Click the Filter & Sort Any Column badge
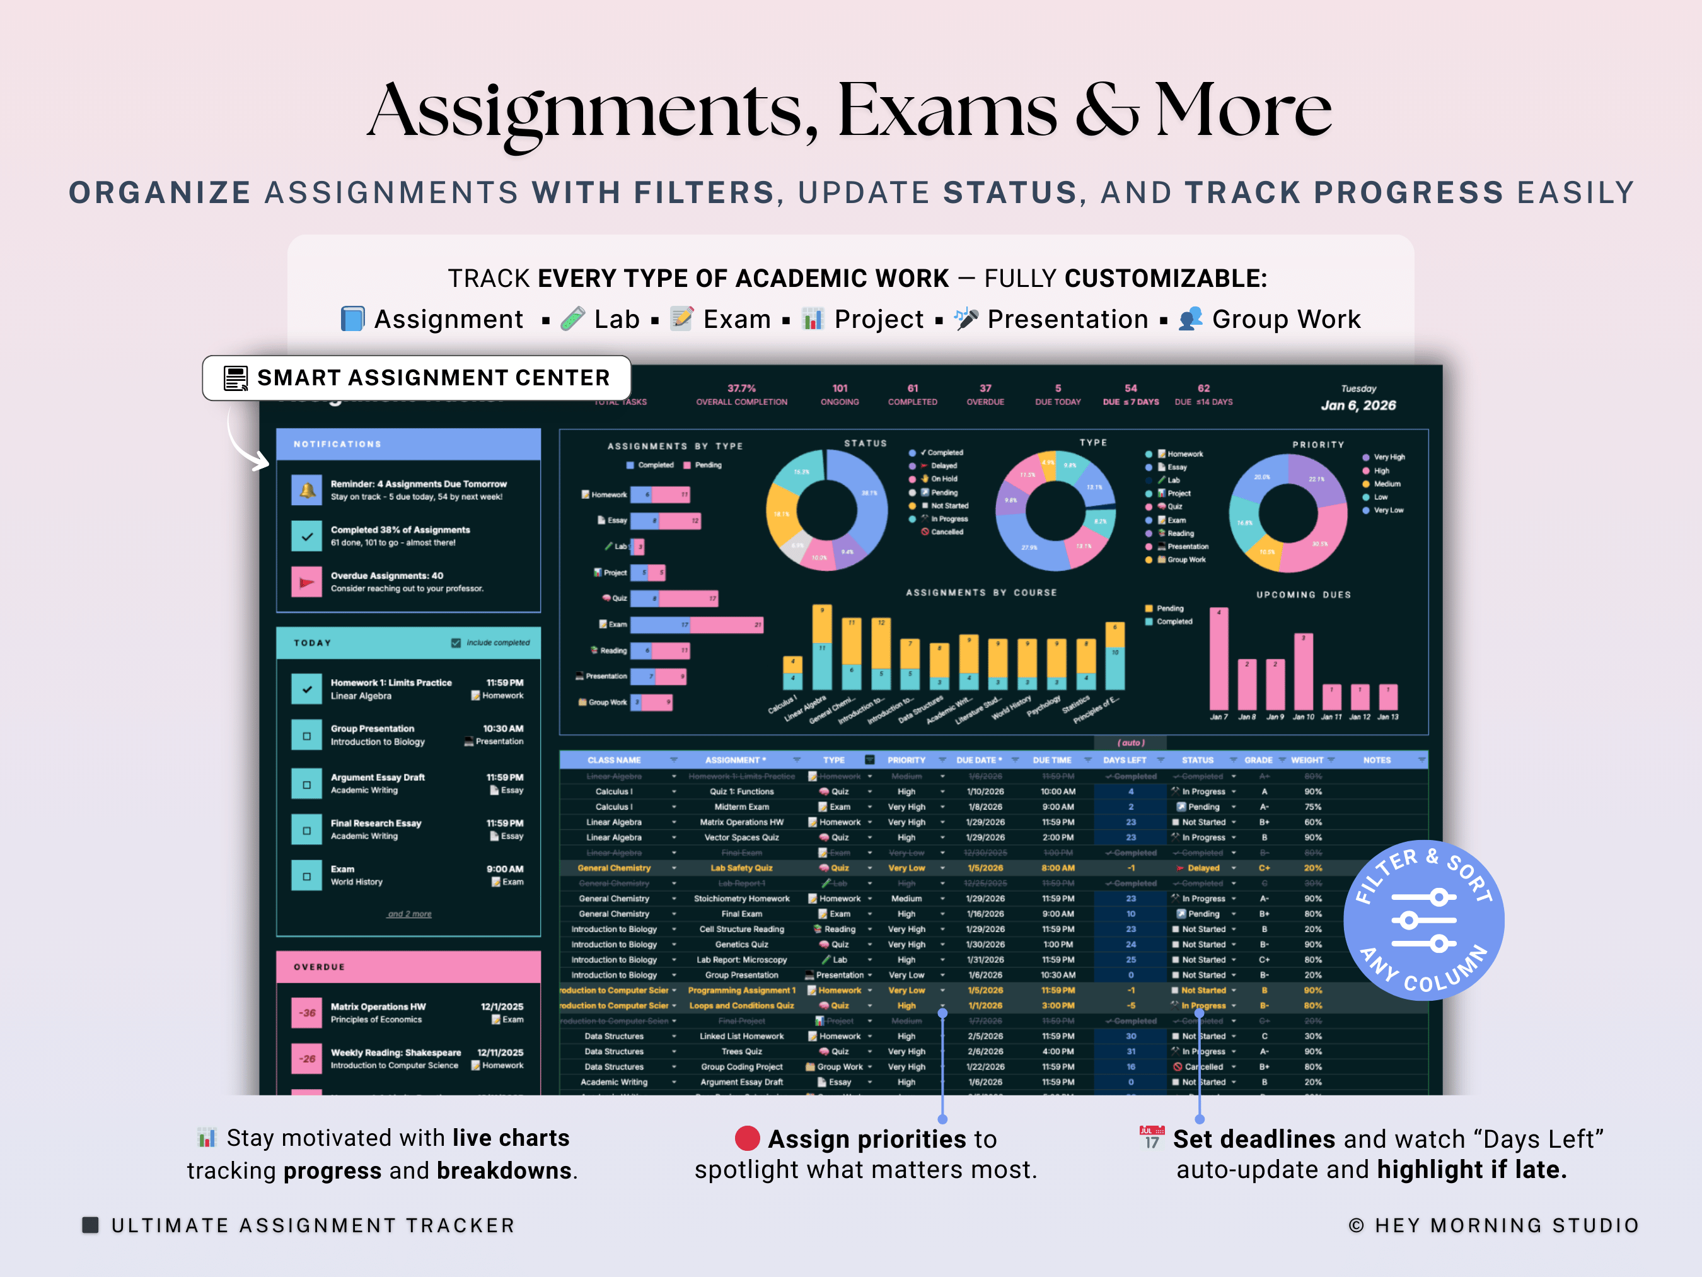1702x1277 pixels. [1423, 920]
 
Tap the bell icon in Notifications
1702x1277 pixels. [307, 491]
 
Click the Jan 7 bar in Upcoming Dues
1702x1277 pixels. [1219, 659]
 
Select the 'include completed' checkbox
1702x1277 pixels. [456, 643]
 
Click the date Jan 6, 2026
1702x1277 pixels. [1358, 405]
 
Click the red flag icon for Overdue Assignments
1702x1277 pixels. [307, 582]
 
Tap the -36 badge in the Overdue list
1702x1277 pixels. [307, 1013]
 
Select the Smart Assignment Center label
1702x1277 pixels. [417, 378]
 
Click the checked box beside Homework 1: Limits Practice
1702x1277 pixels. [307, 689]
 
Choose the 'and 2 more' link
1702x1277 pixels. [409, 914]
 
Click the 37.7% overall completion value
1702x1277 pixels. [742, 388]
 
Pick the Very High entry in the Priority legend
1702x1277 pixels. [1388, 457]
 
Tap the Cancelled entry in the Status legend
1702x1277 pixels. [946, 532]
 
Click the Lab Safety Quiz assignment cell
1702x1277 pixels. [741, 868]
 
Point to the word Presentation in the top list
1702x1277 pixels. [1067, 320]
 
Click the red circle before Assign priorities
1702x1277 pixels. [747, 1138]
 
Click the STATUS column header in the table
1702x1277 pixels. [1197, 760]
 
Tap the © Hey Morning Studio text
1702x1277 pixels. [1493, 1225]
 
